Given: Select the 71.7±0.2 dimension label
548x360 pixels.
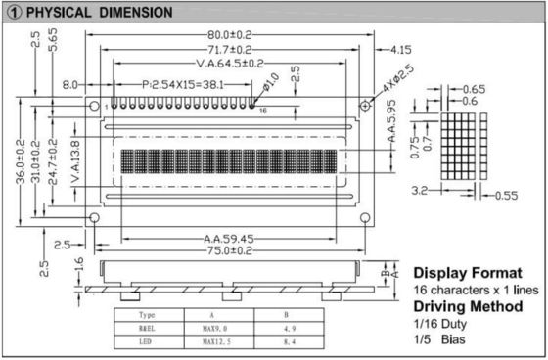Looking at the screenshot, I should pyautogui.click(x=228, y=49).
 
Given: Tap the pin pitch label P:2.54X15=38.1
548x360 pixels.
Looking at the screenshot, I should pyautogui.click(x=181, y=85).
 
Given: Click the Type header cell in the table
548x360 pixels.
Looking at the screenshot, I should pyautogui.click(x=148, y=315).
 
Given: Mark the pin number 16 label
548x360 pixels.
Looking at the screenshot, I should pyautogui.click(x=262, y=112).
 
